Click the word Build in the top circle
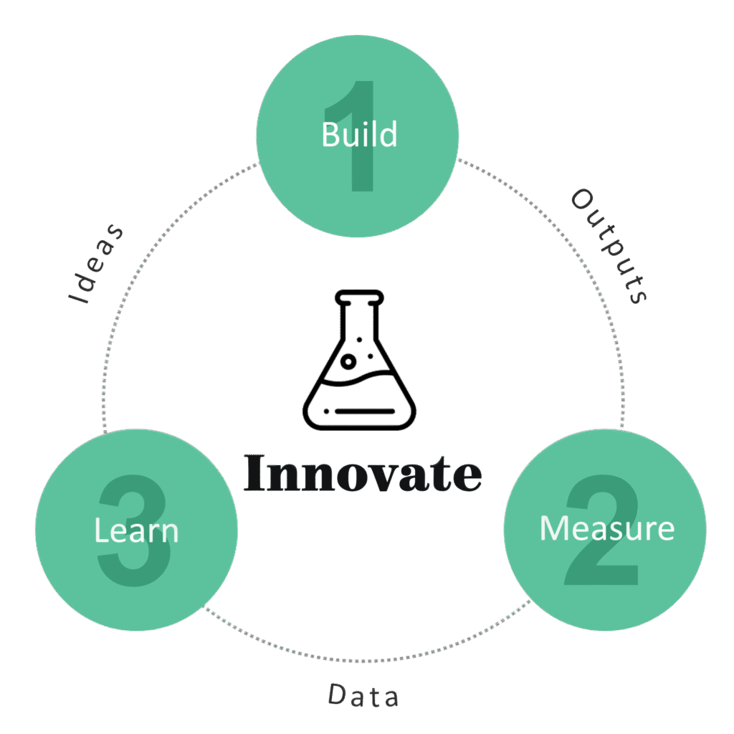(359, 134)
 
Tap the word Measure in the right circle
(606, 528)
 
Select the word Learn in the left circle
(136, 531)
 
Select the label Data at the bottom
(363, 695)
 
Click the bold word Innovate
(363, 473)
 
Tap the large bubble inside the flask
(348, 361)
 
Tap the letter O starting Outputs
(581, 199)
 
